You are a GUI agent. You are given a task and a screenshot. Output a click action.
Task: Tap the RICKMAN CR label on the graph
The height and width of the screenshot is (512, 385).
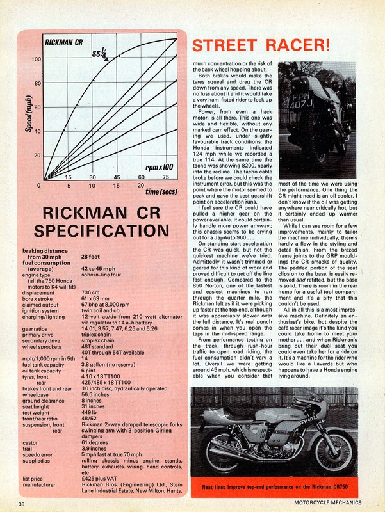[x=69, y=43]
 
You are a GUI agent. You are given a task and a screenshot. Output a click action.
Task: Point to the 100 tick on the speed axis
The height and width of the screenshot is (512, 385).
[x=37, y=60]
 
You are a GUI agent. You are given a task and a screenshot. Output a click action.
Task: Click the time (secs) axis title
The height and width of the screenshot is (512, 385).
[x=161, y=191]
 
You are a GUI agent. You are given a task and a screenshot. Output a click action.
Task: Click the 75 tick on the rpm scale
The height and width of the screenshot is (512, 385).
[x=165, y=177]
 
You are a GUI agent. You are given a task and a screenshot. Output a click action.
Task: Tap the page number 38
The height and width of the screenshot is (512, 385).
[x=22, y=505]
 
